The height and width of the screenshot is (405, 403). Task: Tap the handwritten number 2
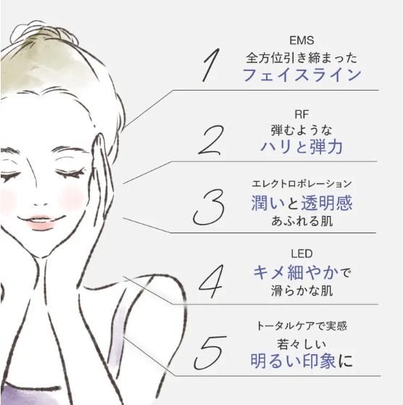(211, 140)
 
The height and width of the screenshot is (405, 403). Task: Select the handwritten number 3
(209, 207)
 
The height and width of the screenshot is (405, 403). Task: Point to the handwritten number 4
(211, 281)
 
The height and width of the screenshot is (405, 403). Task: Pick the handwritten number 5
(209, 352)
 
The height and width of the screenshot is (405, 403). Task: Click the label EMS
(302, 41)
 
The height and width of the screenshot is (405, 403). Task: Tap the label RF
(302, 114)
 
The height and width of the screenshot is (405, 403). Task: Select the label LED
(302, 254)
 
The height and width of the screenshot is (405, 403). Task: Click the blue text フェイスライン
(302, 75)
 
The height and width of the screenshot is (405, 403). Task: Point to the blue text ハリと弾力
(302, 146)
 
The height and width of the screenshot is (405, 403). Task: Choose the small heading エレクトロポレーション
(302, 184)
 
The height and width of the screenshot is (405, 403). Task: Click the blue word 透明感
(327, 203)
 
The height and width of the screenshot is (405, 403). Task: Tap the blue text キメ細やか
(296, 272)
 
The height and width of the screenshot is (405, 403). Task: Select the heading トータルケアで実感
(302, 326)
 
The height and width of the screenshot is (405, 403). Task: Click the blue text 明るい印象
(294, 361)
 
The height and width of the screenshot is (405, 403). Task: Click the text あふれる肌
(302, 222)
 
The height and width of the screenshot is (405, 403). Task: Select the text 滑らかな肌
(302, 291)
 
